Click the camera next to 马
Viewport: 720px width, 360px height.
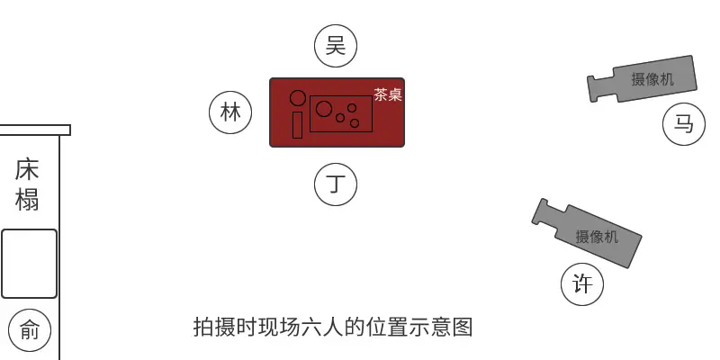coord(642,79)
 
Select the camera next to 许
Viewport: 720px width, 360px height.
coord(587,233)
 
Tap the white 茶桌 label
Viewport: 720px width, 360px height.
coord(388,94)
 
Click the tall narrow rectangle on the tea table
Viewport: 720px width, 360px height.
coord(298,125)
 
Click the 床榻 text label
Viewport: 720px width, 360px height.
coord(27,184)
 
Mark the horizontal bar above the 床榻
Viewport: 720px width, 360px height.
coord(35,130)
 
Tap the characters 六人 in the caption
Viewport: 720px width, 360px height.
coord(322,328)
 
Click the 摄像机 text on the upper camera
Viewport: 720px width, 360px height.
coord(652,79)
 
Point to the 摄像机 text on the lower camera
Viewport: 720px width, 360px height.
coord(597,237)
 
